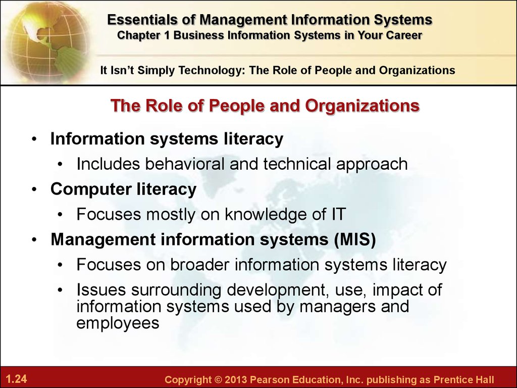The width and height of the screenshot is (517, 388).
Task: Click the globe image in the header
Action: pos(46,41)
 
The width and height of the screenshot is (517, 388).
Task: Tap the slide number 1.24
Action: pos(16,378)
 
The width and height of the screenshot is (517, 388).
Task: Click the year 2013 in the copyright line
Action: pos(235,379)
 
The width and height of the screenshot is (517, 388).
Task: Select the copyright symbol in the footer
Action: pos(218,379)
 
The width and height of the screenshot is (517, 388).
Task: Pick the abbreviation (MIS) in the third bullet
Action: pos(355,239)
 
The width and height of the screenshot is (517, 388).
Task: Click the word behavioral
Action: pos(185,164)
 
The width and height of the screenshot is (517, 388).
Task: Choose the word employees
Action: pos(118,323)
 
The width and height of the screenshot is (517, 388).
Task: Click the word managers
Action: pos(337,307)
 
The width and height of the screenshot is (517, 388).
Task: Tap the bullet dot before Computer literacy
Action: pos(35,190)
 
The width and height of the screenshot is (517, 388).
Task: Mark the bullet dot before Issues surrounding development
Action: pos(60,290)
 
